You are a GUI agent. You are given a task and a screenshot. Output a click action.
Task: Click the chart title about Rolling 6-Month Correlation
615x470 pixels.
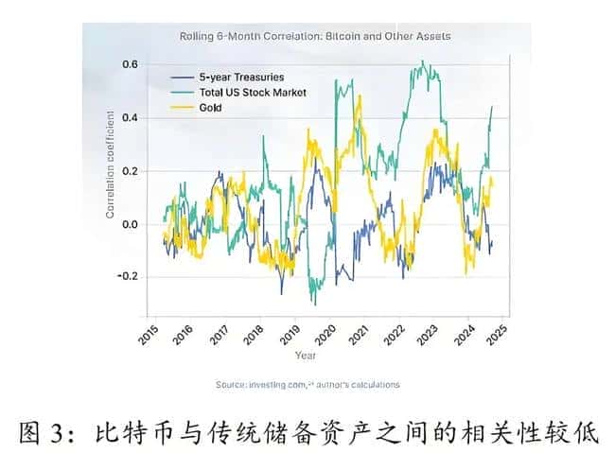click(315, 37)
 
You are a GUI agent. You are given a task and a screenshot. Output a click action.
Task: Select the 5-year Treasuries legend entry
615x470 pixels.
click(240, 77)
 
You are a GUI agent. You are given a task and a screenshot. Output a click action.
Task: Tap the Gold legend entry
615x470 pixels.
click(215, 108)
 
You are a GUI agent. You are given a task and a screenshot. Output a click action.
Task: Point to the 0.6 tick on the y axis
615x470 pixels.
click(130, 64)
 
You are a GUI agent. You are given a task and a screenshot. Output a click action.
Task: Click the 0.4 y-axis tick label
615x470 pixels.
click(130, 118)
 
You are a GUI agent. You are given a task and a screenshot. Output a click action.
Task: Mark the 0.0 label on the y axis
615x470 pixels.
click(130, 224)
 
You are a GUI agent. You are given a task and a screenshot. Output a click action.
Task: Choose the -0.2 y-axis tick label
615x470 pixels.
click(128, 277)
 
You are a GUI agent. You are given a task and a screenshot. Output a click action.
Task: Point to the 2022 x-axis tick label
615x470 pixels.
click(395, 333)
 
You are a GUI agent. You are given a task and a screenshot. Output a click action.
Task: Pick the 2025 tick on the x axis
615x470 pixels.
click(501, 333)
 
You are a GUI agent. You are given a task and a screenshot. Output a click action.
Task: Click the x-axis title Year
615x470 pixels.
click(306, 356)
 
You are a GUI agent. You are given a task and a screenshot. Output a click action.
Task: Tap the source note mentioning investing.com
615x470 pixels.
click(307, 385)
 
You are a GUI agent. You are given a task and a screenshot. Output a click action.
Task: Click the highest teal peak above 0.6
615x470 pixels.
click(422, 63)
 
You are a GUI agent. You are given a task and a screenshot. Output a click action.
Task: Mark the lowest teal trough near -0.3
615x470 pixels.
click(314, 304)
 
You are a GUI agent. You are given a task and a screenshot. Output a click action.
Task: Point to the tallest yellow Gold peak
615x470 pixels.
click(357, 96)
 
